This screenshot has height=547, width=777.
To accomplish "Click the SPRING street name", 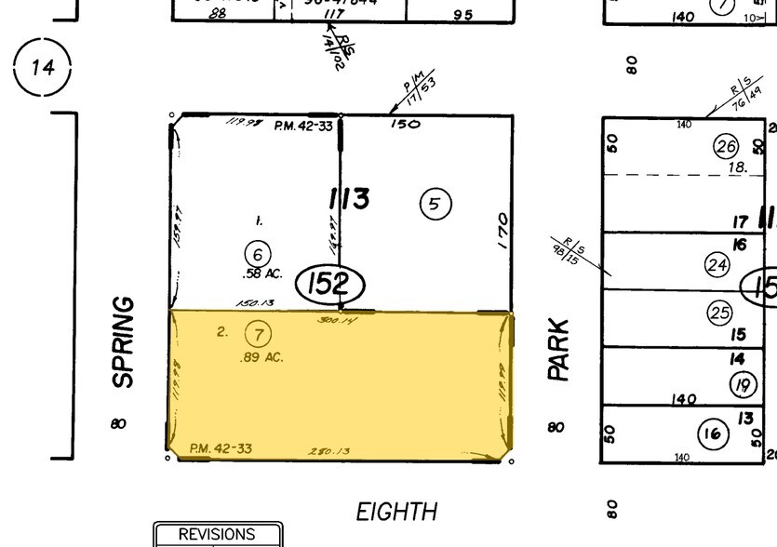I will [123, 342].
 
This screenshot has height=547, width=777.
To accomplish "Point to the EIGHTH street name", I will [396, 512].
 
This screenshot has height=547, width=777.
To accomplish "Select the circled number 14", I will [42, 67].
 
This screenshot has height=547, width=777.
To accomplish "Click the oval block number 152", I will [328, 285].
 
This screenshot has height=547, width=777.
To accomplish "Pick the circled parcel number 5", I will [435, 203].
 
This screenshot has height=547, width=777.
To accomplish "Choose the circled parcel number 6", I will [258, 252].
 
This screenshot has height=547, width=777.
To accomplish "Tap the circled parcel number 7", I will [258, 332].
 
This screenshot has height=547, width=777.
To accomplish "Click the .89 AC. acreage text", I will [261, 357].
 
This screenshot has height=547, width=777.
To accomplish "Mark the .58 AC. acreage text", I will [260, 273].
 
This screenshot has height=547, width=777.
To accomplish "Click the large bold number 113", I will [348, 199].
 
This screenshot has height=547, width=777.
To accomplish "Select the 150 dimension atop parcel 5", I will [406, 124].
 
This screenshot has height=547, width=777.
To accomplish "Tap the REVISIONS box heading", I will [216, 535].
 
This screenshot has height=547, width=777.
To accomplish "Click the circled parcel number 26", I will [726, 146].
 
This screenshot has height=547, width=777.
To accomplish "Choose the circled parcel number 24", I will [717, 265].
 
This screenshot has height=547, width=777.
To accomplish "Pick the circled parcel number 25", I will [720, 313].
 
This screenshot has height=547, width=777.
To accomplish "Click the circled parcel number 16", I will [713, 433].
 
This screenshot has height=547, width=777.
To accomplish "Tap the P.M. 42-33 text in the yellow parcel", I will [220, 449].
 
